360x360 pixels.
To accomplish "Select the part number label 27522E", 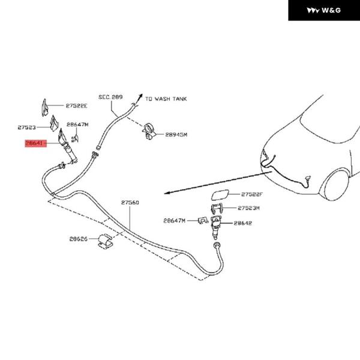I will click(76, 106).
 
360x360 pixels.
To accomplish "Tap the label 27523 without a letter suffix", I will click(27, 128).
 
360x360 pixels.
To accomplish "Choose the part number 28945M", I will click(176, 135).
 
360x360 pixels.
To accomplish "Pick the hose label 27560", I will click(130, 203).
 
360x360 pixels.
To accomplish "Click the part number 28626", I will click(79, 239).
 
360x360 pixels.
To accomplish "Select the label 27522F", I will click(253, 194).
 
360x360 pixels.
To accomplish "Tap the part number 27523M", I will click(248, 208).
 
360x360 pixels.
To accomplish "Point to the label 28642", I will click(242, 223).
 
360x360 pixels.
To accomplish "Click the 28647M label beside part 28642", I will click(175, 221).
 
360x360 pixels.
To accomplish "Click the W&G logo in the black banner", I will click(323, 11).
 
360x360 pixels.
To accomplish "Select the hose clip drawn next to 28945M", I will click(150, 132).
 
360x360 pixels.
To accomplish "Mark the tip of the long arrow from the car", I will click(165, 194).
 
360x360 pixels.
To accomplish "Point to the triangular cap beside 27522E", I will click(44, 106).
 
